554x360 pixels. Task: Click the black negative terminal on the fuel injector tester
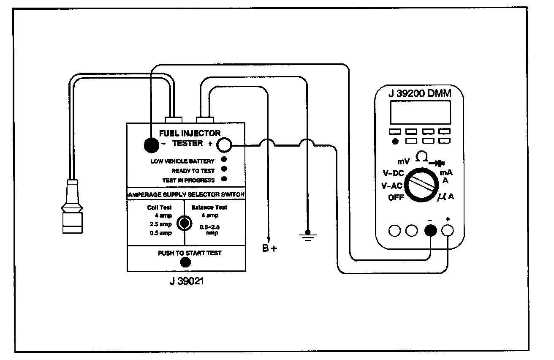point(151,145)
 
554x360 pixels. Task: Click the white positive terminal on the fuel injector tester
point(224,145)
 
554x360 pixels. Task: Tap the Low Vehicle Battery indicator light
point(224,159)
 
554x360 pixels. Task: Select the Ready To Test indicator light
point(224,169)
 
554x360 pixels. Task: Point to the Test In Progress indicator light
point(224,179)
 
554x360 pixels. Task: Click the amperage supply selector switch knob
point(185,223)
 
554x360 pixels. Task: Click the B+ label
point(269,248)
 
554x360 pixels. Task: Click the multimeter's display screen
point(421,112)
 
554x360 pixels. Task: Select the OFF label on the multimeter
point(396,197)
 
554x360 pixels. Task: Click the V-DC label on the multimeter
point(393,173)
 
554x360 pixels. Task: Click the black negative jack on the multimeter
point(431,230)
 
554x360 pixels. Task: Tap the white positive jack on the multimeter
point(448,230)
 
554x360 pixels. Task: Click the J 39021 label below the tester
point(187,281)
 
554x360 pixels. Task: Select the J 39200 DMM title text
point(420,93)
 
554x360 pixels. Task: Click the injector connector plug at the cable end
point(72,206)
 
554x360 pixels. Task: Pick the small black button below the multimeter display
point(395,141)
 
